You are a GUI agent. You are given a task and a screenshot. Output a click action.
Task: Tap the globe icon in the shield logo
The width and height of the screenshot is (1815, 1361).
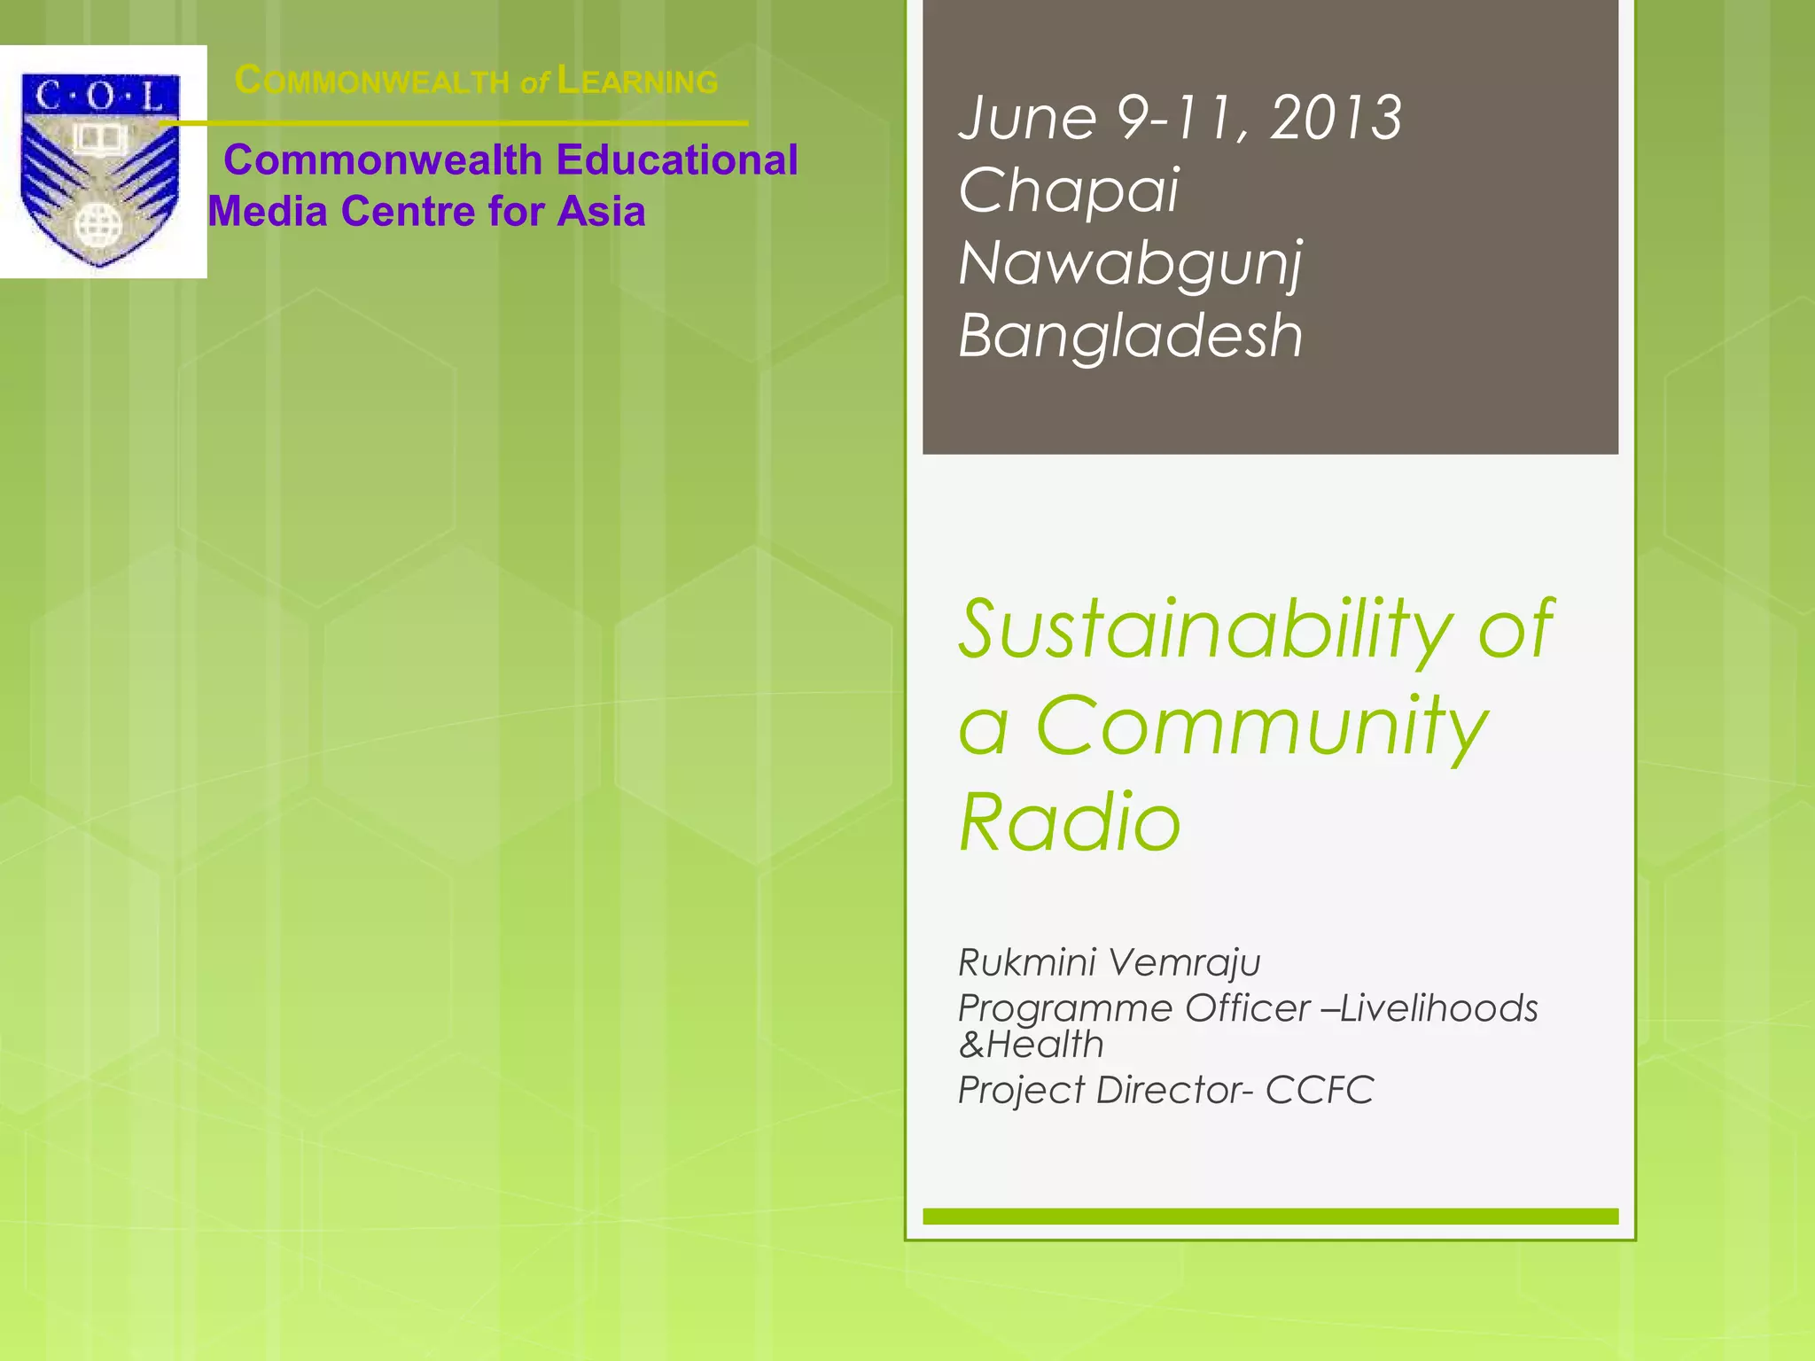point(97,225)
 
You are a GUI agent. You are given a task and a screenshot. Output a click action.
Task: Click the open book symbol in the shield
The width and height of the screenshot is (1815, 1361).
point(99,138)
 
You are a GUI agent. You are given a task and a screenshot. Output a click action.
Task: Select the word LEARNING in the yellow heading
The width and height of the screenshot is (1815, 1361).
point(638,82)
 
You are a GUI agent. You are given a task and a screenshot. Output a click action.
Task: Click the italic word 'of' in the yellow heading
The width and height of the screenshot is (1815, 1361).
point(534,83)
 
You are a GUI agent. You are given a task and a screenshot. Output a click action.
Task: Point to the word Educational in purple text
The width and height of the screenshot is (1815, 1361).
point(677,160)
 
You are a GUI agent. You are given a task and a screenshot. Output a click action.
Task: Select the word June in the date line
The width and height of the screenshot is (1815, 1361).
point(1027,118)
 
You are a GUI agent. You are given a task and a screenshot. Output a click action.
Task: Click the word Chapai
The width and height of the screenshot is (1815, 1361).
point(1069,191)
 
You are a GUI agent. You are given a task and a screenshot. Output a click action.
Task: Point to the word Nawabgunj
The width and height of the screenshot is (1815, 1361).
point(1131,264)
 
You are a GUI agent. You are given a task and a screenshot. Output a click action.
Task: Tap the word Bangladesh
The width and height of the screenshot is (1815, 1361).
point(1131,336)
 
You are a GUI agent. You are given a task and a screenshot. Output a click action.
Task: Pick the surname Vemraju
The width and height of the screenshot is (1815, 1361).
point(1184,962)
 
